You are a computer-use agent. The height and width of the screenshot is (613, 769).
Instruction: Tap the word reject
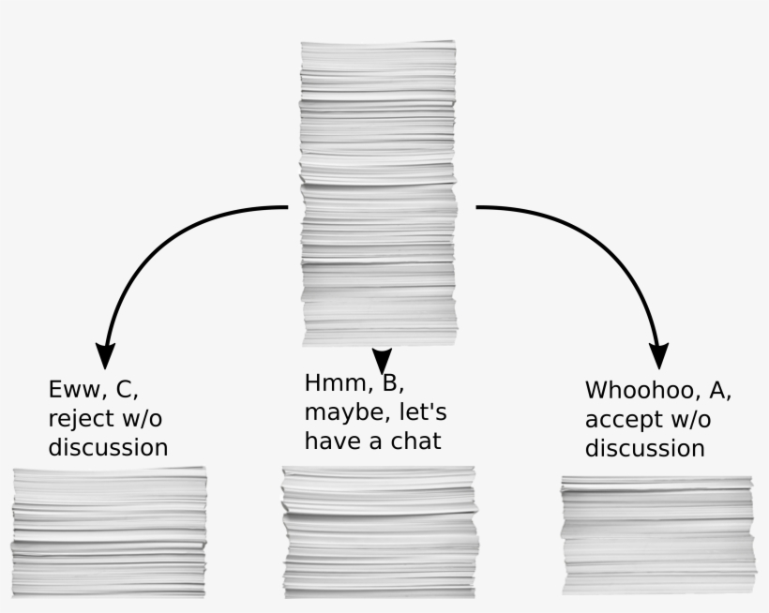pyautogui.click(x=82, y=418)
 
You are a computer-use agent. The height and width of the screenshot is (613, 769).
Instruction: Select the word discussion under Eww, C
pyautogui.click(x=108, y=447)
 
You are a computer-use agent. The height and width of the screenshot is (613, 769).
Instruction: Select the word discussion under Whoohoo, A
pyautogui.click(x=644, y=448)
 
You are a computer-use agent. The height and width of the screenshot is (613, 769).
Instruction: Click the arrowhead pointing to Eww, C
pyautogui.click(x=106, y=353)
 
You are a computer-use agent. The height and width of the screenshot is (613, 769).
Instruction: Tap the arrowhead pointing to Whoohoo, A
pyautogui.click(x=660, y=353)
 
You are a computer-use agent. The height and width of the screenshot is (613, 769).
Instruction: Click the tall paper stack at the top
pyautogui.click(x=378, y=192)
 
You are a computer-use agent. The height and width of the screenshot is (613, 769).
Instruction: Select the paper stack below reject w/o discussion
pyautogui.click(x=109, y=531)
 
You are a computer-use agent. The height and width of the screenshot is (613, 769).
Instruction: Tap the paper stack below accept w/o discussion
pyautogui.click(x=658, y=533)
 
